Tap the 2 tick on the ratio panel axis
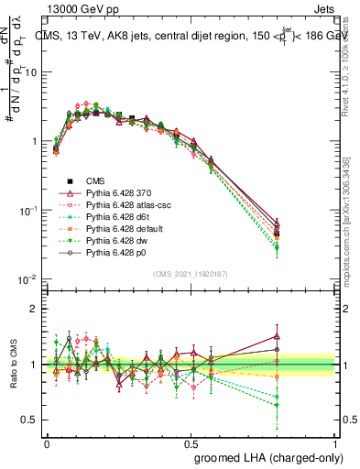pyautogui.click(x=37, y=309)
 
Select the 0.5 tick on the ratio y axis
pyautogui.click(x=33, y=420)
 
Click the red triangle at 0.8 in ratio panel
pyautogui.click(x=278, y=336)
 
